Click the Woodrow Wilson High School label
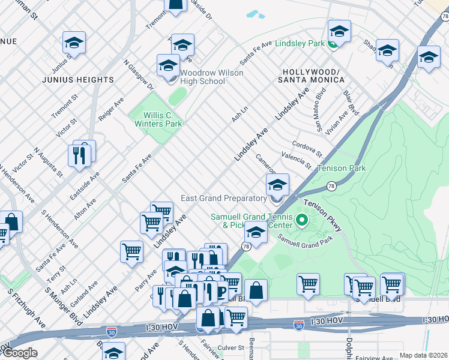click(x=203, y=77)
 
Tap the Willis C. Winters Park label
click(x=154, y=120)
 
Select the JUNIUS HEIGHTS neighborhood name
click(x=78, y=80)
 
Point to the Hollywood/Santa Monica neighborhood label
click(x=310, y=76)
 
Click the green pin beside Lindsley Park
click(x=334, y=44)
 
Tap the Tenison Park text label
click(x=341, y=169)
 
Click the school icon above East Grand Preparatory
click(x=277, y=185)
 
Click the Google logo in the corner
click(x=20, y=353)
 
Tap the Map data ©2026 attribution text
click(x=423, y=355)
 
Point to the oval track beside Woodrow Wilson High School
click(x=177, y=96)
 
